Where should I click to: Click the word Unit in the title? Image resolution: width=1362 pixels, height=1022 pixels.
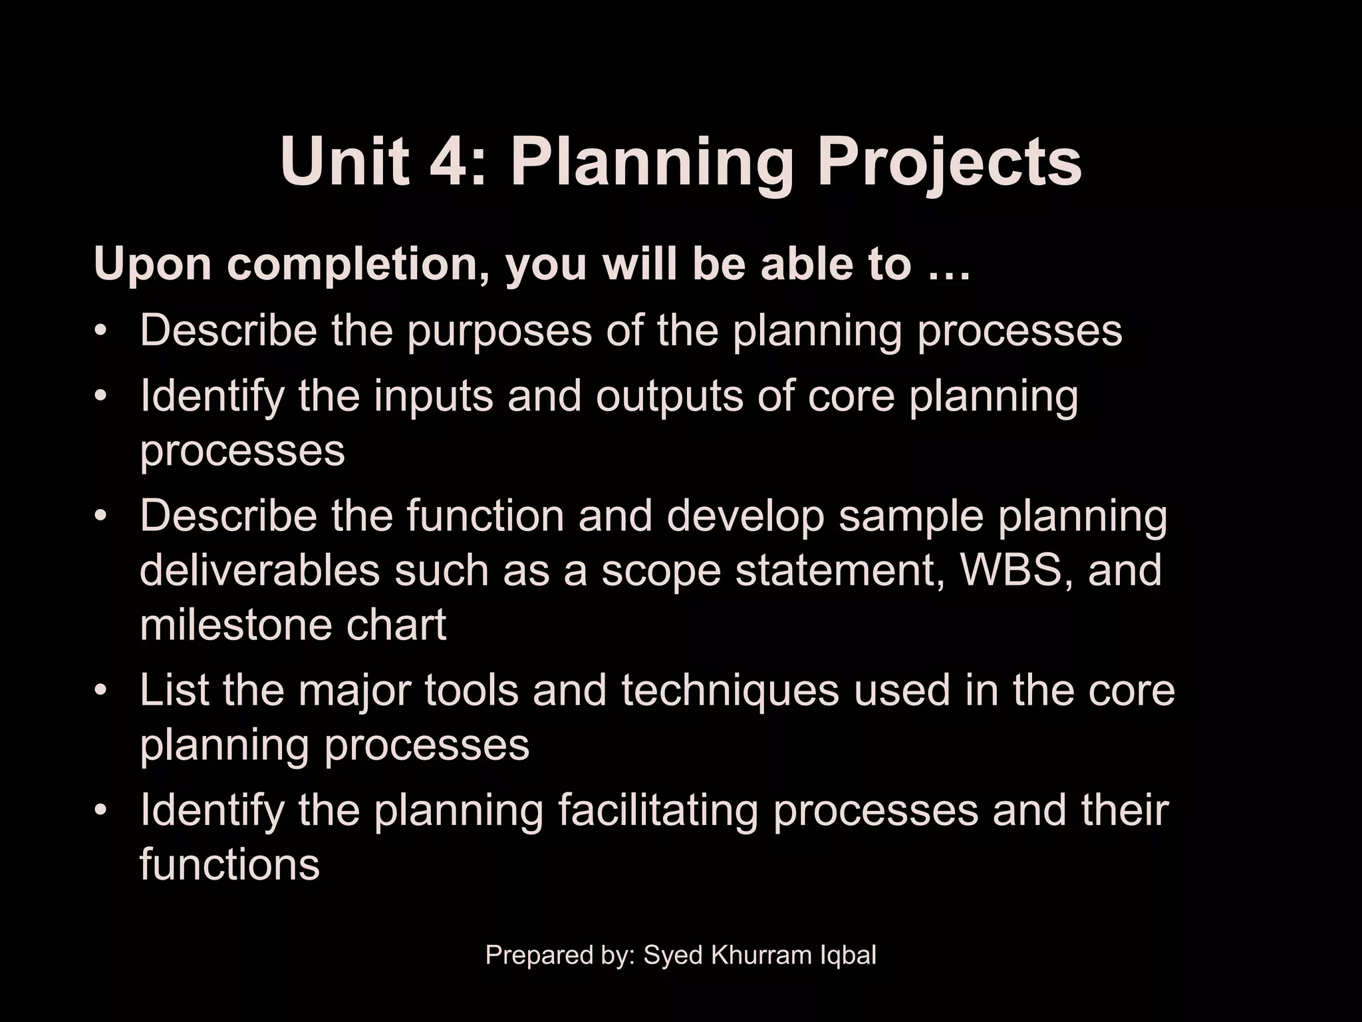pos(344,162)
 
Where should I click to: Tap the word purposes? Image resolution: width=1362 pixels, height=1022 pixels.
pos(499,331)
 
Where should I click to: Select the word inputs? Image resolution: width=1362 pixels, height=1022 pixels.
pos(433,397)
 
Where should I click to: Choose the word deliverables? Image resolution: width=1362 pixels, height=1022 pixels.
pos(259,571)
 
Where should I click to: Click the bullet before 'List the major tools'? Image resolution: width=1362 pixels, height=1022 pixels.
pos(100,691)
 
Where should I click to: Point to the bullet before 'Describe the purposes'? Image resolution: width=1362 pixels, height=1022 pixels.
pos(100,331)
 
